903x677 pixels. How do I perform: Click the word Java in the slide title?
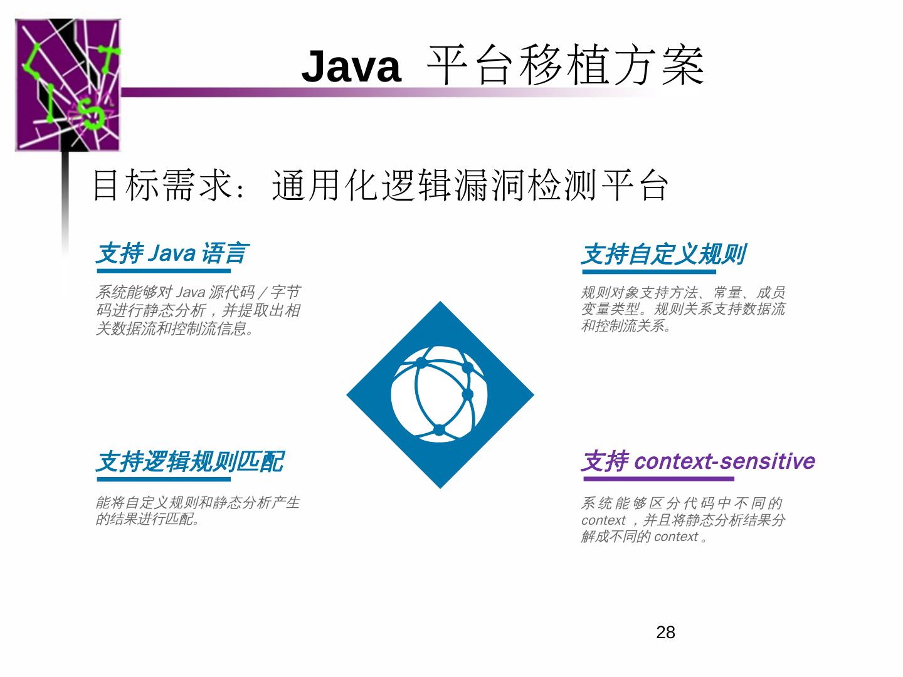[x=351, y=66]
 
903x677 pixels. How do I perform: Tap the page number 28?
[x=665, y=632]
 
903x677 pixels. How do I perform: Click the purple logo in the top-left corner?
[x=68, y=85]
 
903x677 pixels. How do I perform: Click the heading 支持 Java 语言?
[x=172, y=254]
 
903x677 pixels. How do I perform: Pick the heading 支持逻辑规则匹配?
[x=189, y=462]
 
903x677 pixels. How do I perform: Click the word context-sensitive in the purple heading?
[x=724, y=461]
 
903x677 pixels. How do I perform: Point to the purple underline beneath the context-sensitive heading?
[x=658, y=479]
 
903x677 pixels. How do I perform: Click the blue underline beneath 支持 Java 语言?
[x=164, y=271]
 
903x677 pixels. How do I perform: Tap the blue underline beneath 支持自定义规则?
[x=648, y=272]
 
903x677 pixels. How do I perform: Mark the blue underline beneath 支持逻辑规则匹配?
[x=164, y=480]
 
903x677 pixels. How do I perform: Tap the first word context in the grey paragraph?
[x=603, y=520]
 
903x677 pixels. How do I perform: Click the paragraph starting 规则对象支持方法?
[x=683, y=309]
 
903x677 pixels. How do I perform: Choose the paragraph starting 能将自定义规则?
[x=198, y=510]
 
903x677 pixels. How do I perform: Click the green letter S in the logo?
[x=95, y=116]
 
